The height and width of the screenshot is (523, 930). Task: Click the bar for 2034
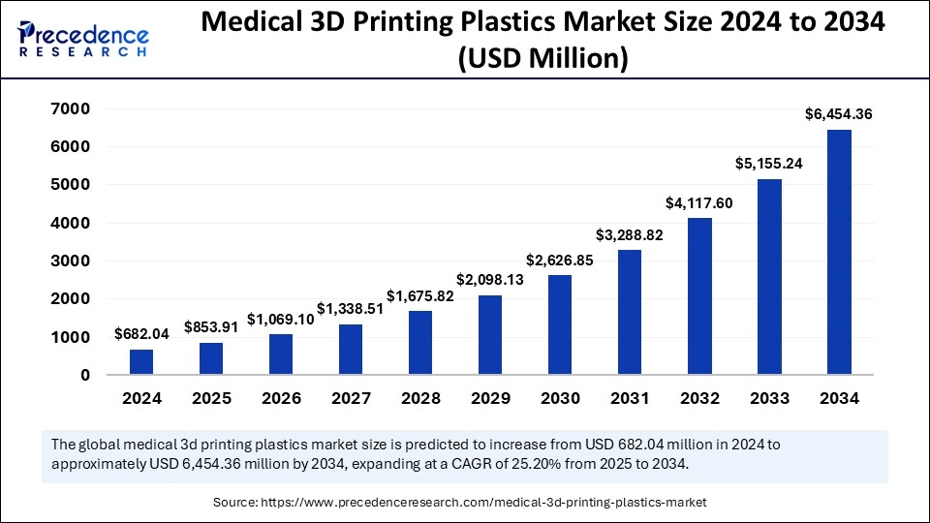[839, 252]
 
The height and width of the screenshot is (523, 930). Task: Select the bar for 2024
[141, 362]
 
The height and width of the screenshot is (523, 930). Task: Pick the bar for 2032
[699, 296]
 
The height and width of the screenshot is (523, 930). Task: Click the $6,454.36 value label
[839, 114]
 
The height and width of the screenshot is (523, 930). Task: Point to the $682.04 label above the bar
[141, 334]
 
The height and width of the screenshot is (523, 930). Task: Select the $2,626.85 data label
[560, 260]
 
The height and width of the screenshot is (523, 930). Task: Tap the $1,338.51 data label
[351, 308]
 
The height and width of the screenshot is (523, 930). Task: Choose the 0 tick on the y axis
[85, 375]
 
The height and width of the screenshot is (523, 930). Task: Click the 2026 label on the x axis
[281, 398]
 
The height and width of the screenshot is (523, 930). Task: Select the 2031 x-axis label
[630, 398]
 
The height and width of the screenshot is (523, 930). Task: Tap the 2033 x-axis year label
[769, 398]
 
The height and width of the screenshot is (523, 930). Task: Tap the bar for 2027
[351, 350]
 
